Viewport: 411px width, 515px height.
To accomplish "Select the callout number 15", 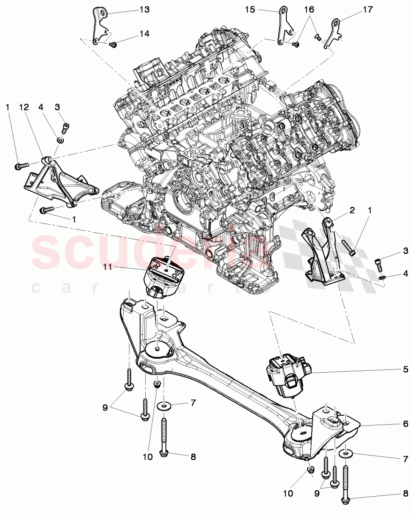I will click(249, 9).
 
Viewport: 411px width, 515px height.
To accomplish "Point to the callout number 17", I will click(368, 9).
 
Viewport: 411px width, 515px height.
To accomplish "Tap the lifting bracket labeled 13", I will click(100, 26).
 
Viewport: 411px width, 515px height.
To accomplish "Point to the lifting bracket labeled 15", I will click(284, 26).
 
